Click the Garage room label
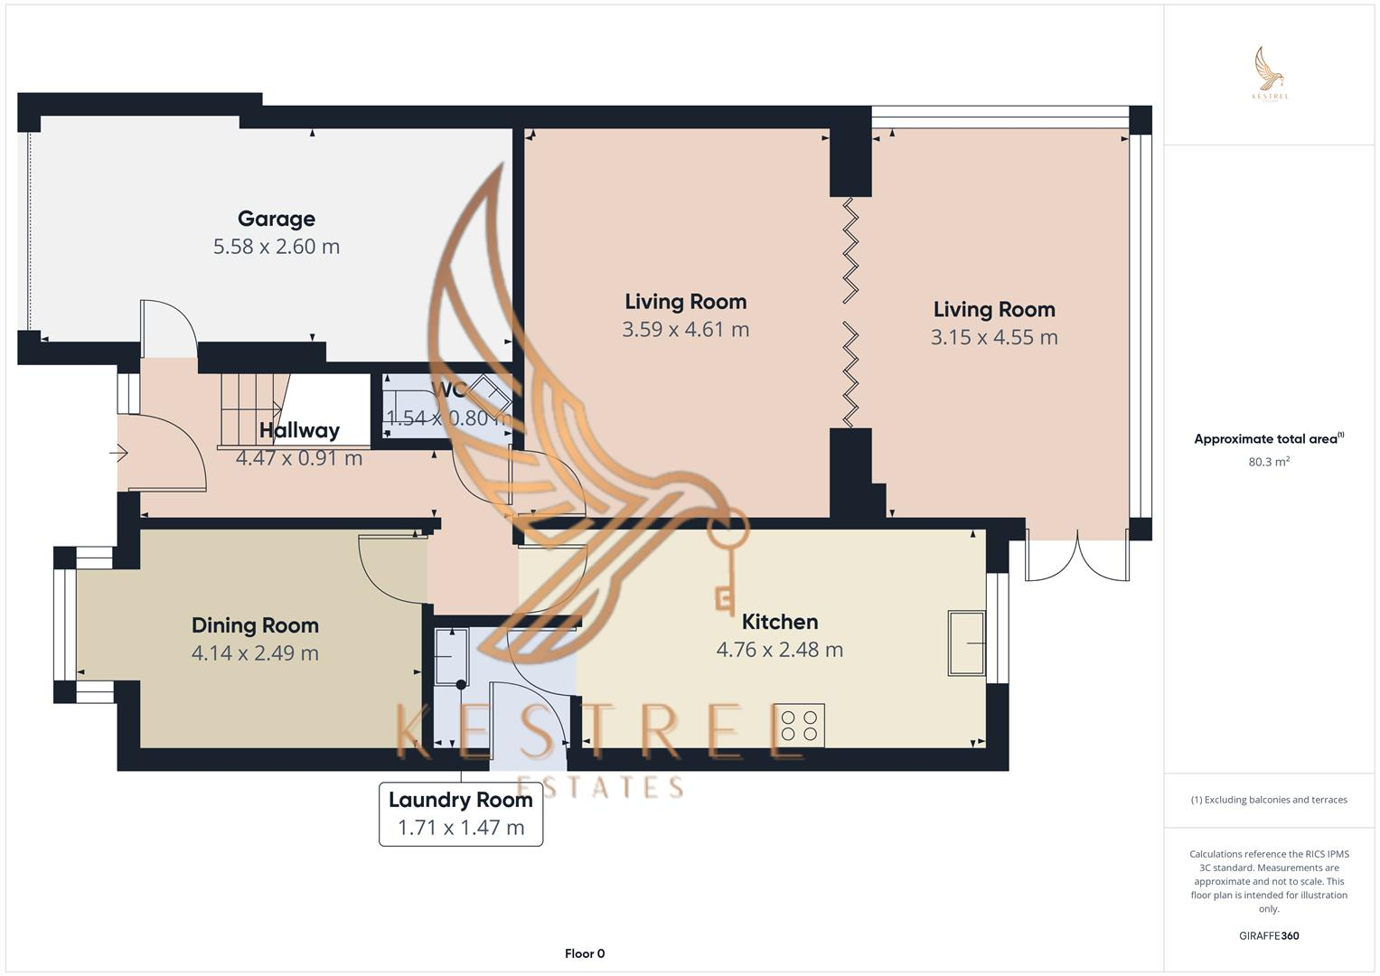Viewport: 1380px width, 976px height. [x=276, y=219]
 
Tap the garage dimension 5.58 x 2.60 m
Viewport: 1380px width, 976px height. [x=276, y=247]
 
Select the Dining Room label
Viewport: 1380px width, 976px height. [x=255, y=625]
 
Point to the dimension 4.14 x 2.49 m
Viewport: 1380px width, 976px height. [x=255, y=653]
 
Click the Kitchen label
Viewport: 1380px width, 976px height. [x=779, y=622]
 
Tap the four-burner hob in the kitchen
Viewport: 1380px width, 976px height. [x=800, y=725]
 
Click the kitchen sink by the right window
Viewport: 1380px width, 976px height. [x=966, y=643]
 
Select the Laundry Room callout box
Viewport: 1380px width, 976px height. [x=461, y=813]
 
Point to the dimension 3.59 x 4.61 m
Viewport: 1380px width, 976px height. [x=685, y=330]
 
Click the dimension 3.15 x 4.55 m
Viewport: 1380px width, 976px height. [x=993, y=337]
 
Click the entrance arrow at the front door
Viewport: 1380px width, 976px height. [x=118, y=454]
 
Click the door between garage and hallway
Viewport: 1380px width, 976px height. [x=168, y=330]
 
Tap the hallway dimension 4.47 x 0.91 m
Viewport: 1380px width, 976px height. [x=299, y=458]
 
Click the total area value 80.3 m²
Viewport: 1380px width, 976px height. [x=1268, y=462]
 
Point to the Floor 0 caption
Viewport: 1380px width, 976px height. [x=584, y=953]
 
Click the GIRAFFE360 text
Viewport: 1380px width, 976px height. [x=1268, y=935]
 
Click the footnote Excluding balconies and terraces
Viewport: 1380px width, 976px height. [x=1268, y=800]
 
